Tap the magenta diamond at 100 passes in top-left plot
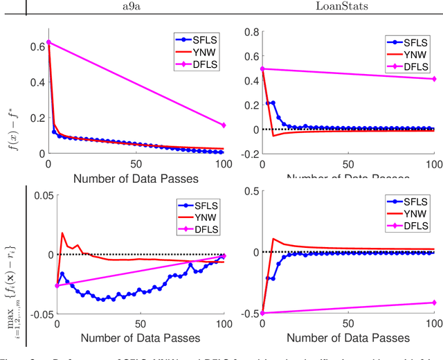pyautogui.click(x=224, y=125)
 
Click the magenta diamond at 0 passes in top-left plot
pyautogui.click(x=48, y=42)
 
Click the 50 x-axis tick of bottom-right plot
pyautogui.click(x=347, y=325)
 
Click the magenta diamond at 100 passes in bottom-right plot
pyautogui.click(x=434, y=303)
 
